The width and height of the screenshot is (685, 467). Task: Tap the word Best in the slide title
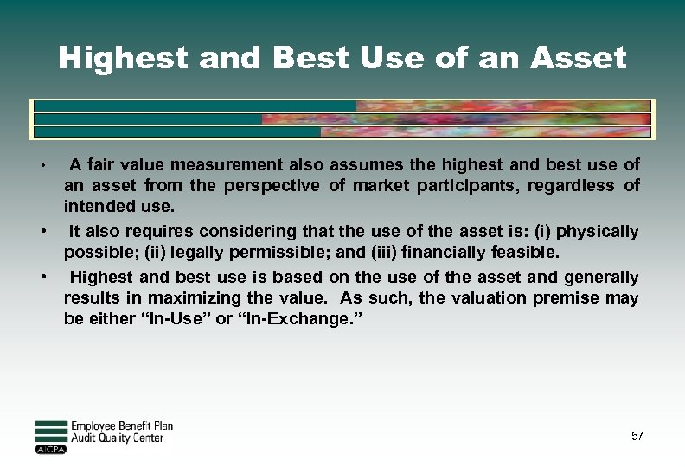[299, 58]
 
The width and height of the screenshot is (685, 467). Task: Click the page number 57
[637, 437]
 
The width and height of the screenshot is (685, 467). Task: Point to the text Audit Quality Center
[117, 438]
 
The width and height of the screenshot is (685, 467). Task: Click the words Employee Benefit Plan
[122, 425]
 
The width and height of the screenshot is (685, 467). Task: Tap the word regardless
[573, 186]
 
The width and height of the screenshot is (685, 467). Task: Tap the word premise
[579, 298]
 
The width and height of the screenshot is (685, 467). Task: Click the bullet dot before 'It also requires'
[42, 232]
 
